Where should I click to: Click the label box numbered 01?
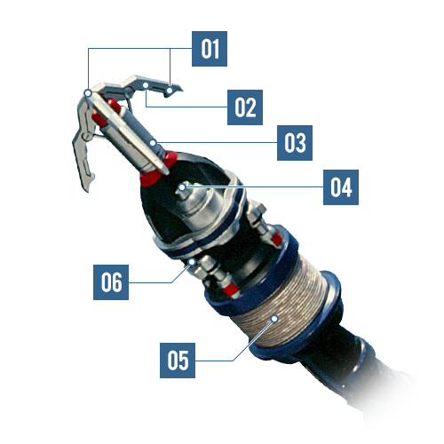click(210, 49)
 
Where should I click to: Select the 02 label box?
click(245, 107)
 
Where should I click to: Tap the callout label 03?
click(295, 143)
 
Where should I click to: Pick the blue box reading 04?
click(341, 187)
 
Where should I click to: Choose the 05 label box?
click(178, 361)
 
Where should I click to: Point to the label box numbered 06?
click(111, 282)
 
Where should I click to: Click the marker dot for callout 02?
click(146, 85)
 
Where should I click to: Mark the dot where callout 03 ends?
click(153, 143)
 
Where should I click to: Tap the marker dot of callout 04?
click(182, 187)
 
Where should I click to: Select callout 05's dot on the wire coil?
click(274, 319)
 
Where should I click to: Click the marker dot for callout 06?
click(192, 262)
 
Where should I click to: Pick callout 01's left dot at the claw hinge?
click(88, 93)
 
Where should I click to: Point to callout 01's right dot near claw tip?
click(170, 90)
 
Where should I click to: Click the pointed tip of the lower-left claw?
click(88, 192)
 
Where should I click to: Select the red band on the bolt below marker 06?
click(231, 289)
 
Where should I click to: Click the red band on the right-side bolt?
click(276, 239)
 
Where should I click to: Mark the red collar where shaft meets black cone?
click(158, 170)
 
